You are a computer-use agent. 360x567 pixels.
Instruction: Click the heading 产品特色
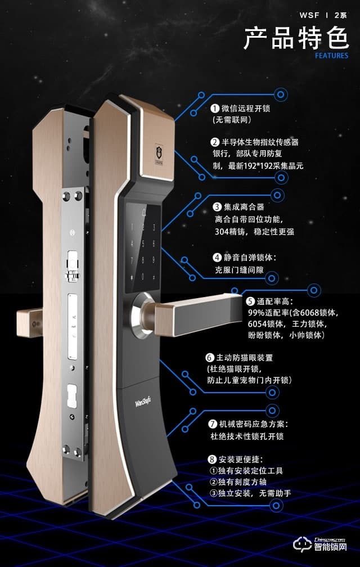[x=296, y=39]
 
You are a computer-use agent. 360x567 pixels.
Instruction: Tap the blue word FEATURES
[x=331, y=56]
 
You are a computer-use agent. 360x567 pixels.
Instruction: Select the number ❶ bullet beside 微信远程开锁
[x=215, y=108]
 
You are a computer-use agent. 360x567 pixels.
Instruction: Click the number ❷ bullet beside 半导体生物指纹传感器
[x=215, y=142]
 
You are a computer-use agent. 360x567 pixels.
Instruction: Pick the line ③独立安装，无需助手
[x=250, y=493]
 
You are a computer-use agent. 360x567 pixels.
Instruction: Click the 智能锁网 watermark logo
[x=327, y=545]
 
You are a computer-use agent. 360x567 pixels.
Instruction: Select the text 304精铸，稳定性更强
[x=254, y=232]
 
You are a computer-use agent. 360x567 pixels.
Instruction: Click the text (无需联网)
[x=231, y=120]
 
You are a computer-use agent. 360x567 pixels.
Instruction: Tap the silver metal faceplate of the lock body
[x=75, y=315]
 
